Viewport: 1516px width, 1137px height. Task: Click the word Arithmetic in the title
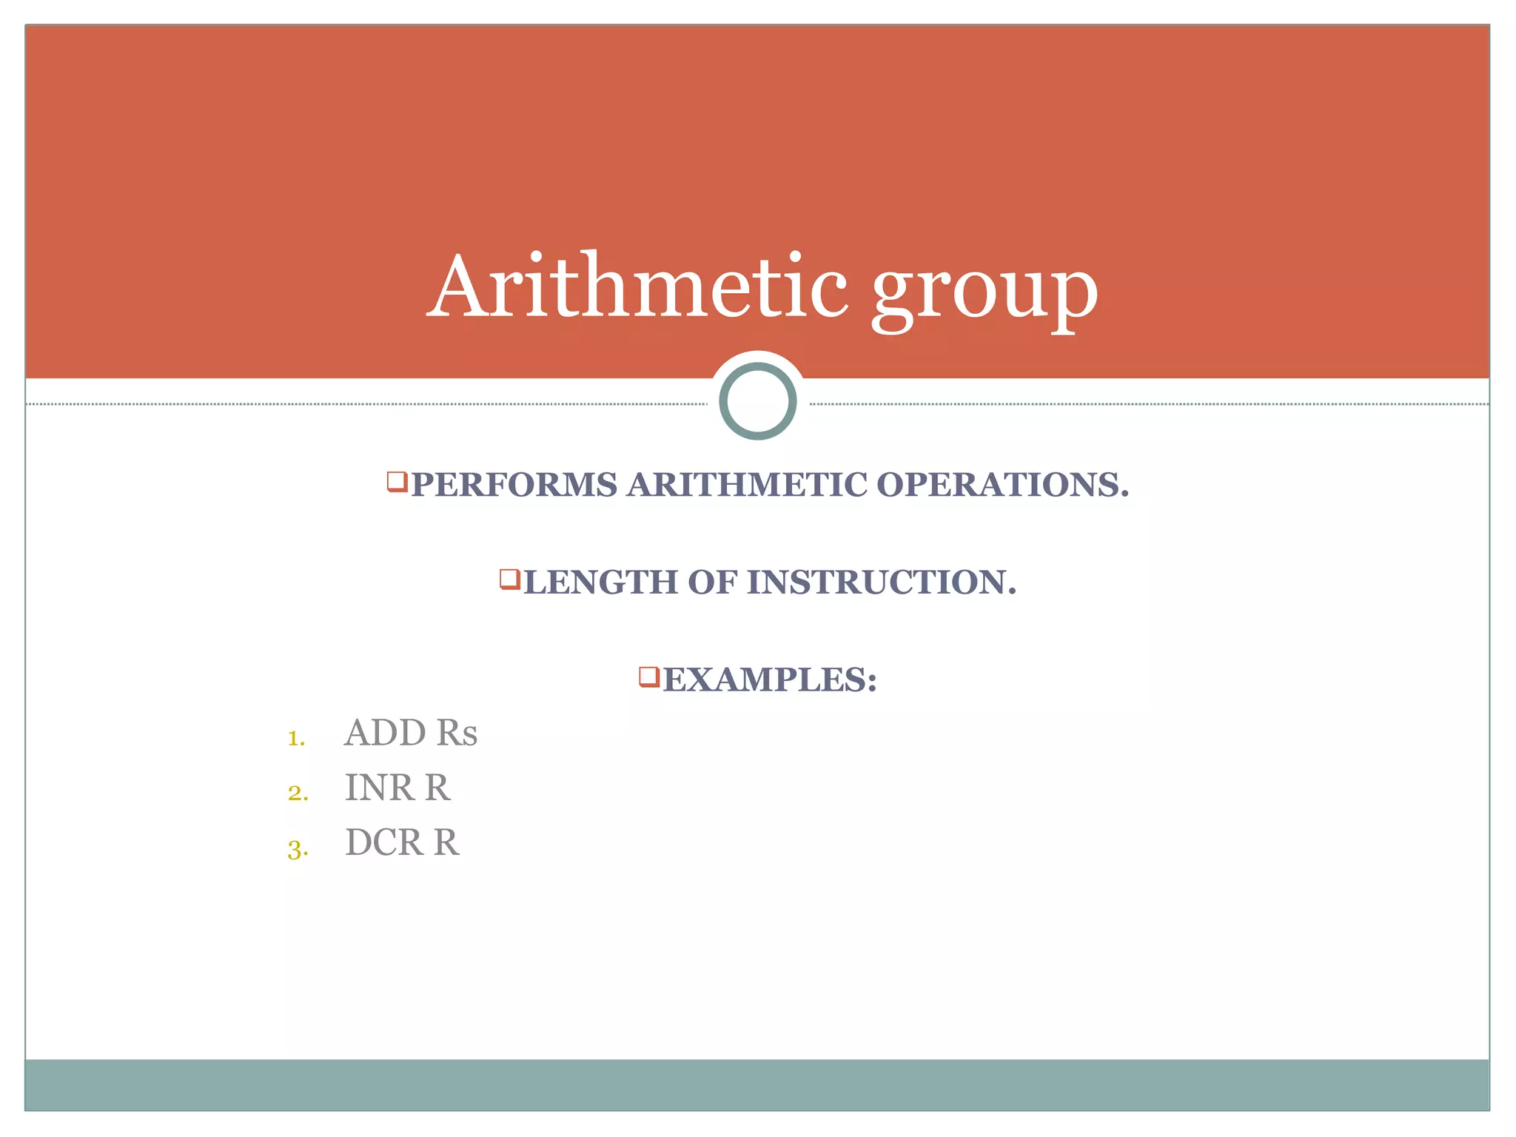tap(638, 286)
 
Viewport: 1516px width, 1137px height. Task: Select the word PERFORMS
tap(514, 486)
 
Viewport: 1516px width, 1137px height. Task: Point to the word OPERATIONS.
tap(1002, 486)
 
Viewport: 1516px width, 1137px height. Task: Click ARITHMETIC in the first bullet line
tap(747, 486)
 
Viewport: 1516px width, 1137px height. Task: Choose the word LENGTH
tap(600, 583)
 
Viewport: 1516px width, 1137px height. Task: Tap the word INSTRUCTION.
tap(881, 583)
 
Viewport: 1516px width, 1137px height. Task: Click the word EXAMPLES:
tap(770, 680)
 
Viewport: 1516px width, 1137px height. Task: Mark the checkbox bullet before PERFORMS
tap(397, 482)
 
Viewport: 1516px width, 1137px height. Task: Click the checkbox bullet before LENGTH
tap(509, 579)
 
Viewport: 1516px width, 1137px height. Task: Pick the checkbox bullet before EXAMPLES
tap(648, 676)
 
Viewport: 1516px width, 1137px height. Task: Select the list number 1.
tap(295, 738)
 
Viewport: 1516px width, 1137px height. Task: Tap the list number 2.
tap(297, 793)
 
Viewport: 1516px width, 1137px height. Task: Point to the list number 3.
tap(297, 849)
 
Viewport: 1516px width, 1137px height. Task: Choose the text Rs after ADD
tap(457, 733)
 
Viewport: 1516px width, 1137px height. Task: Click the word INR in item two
tap(378, 788)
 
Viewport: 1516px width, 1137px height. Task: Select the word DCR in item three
tap(383, 842)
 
